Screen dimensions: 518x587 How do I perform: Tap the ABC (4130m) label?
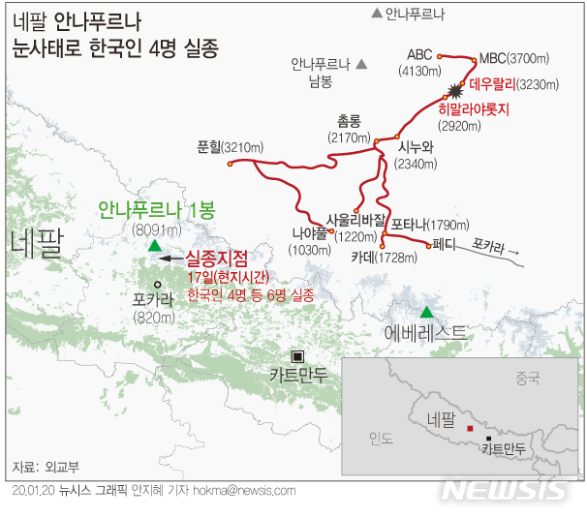(419, 62)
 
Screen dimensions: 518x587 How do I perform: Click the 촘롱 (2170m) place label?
(348, 128)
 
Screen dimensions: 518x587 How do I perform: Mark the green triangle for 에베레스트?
(426, 312)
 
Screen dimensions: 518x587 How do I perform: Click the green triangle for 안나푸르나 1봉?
(154, 246)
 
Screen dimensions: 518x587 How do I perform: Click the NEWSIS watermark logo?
(504, 491)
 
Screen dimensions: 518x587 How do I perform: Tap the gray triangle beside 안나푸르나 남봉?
(361, 65)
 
